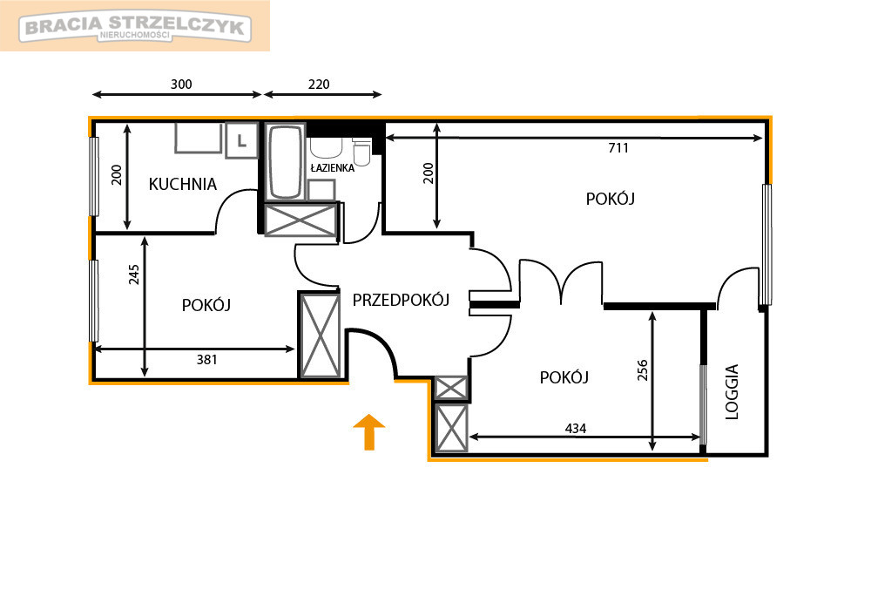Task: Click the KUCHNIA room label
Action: click(x=182, y=184)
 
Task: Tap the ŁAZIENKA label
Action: click(x=332, y=168)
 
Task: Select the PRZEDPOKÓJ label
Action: click(x=401, y=300)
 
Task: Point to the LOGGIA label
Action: click(x=733, y=391)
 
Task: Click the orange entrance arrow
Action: click(x=368, y=431)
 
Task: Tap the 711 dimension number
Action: click(x=618, y=148)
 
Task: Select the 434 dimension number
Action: click(x=576, y=429)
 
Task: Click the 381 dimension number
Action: click(x=206, y=360)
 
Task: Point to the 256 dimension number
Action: click(x=642, y=370)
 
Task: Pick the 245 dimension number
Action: click(x=134, y=274)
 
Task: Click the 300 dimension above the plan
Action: click(x=181, y=85)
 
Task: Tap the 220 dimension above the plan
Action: click(x=319, y=85)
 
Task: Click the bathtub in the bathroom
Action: click(x=286, y=161)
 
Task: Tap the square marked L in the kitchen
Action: click(x=241, y=140)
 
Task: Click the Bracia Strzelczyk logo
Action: click(x=135, y=26)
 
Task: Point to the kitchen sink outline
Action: click(x=199, y=138)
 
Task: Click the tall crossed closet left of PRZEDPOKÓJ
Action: click(x=320, y=335)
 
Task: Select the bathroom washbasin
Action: click(x=326, y=148)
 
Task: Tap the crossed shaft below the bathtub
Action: click(x=301, y=220)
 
